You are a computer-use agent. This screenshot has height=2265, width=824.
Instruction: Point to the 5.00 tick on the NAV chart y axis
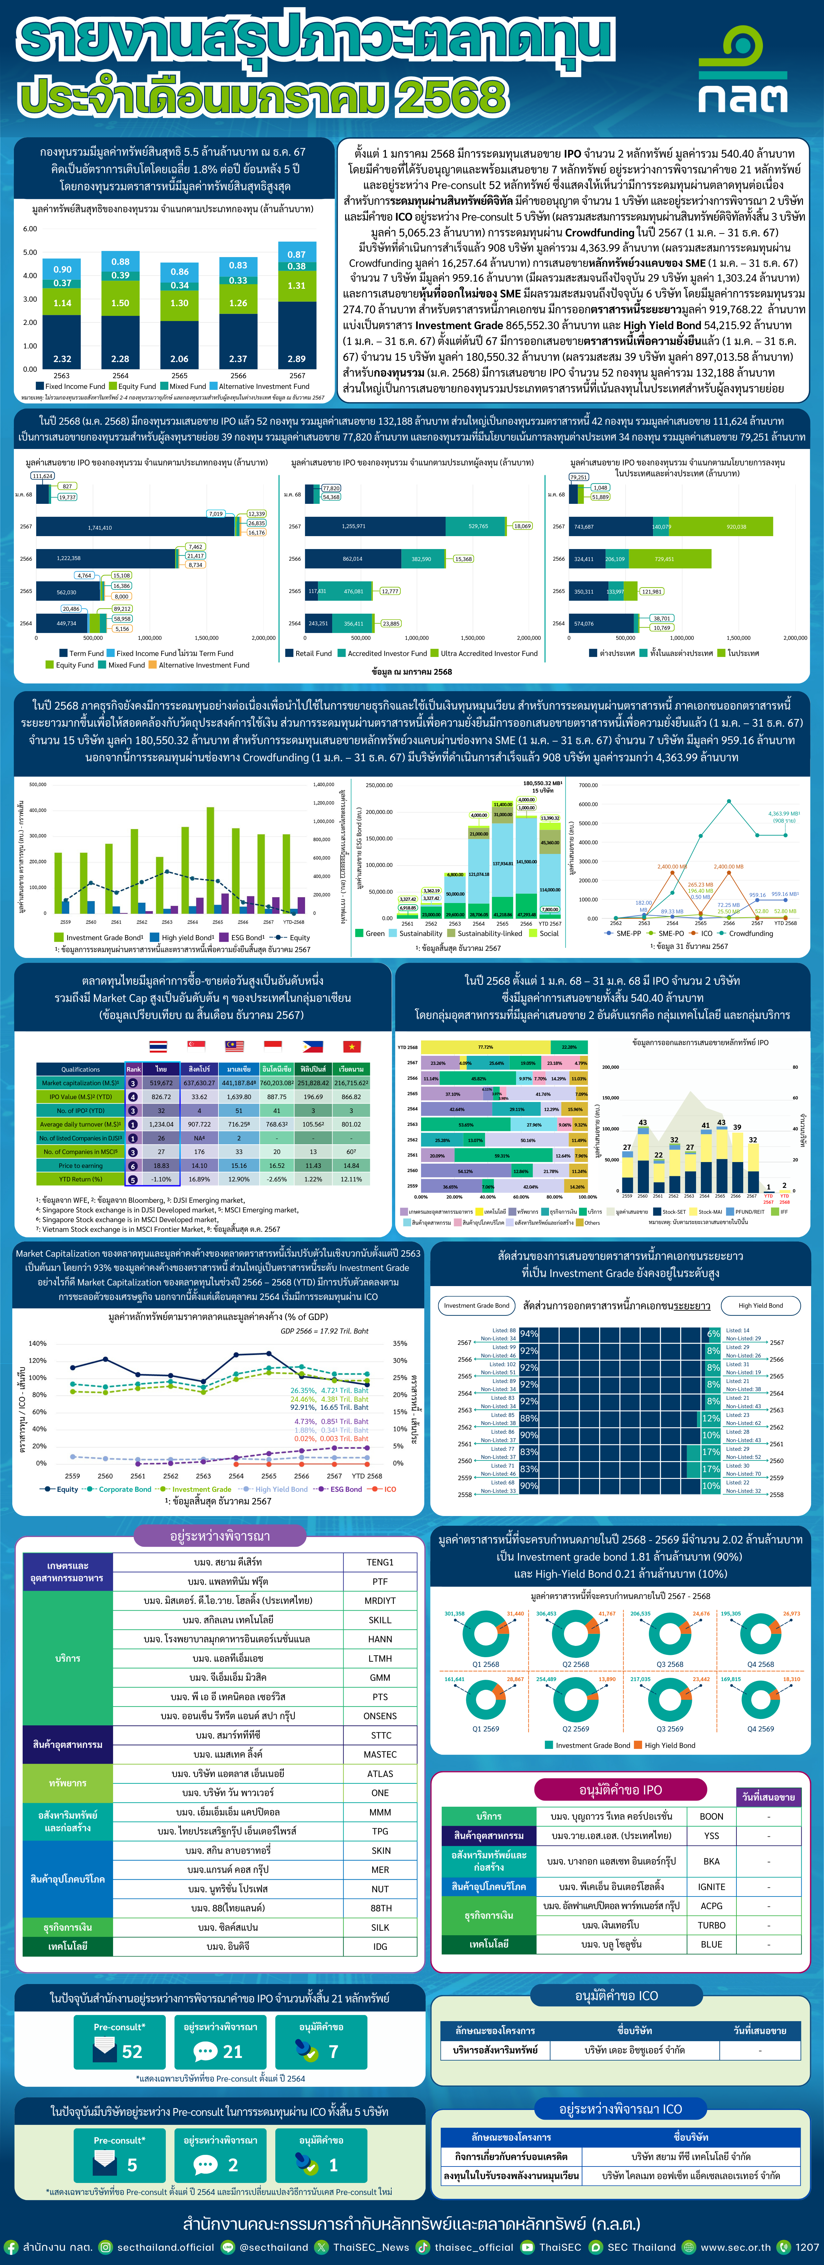30,252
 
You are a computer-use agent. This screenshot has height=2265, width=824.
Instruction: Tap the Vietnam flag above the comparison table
351,1046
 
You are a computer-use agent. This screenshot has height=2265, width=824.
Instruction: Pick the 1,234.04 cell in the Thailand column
161,1124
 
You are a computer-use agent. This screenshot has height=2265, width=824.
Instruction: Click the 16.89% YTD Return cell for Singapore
199,1179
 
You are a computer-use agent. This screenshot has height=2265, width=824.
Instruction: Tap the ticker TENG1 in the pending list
380,1563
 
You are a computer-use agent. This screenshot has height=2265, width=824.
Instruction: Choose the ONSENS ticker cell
380,1715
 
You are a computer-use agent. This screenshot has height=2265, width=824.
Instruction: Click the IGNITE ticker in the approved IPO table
712,1886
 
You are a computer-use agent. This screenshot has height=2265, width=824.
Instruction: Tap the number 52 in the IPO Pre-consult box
132,2051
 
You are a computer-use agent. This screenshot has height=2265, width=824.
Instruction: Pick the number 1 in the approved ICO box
333,2165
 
